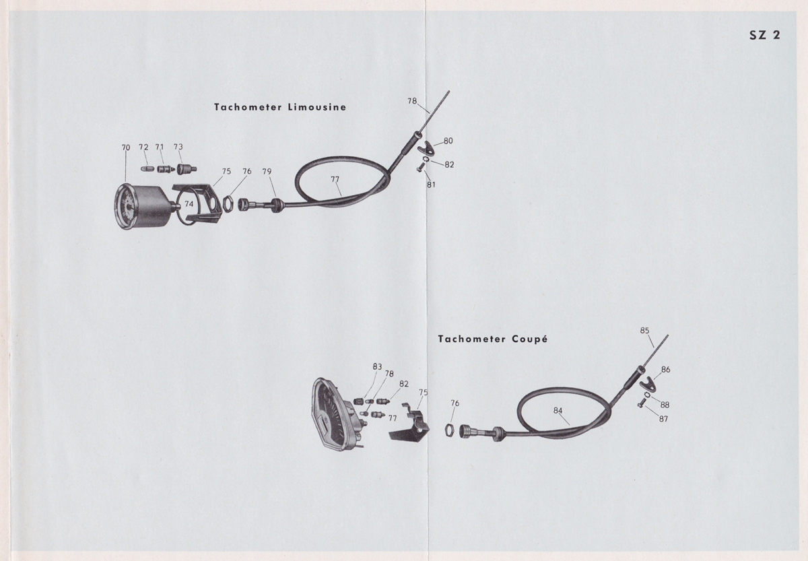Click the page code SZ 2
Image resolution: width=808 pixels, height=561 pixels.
[x=764, y=36]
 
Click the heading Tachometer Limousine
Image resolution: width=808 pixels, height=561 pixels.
[x=280, y=107]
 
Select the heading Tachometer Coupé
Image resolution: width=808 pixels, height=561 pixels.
[x=492, y=339]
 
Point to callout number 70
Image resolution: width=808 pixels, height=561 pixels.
[x=126, y=147]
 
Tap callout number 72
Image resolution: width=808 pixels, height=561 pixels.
[x=143, y=147]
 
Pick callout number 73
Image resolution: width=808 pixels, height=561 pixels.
[x=178, y=147]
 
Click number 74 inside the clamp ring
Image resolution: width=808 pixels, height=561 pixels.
[x=189, y=203]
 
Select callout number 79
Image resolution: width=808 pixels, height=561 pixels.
[x=267, y=172]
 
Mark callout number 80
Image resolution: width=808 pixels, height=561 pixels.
[x=448, y=141]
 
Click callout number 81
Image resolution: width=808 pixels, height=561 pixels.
[x=431, y=185]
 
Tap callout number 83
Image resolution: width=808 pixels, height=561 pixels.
[x=377, y=367]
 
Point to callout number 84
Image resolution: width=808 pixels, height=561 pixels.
[x=558, y=410]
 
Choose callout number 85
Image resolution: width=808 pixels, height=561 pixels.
[x=644, y=331]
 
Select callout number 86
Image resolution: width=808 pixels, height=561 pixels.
[x=665, y=370]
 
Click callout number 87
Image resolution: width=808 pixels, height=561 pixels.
[x=664, y=419]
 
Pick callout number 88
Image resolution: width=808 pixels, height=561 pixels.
[x=665, y=405]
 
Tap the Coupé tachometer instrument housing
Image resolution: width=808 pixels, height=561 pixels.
[x=335, y=414]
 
